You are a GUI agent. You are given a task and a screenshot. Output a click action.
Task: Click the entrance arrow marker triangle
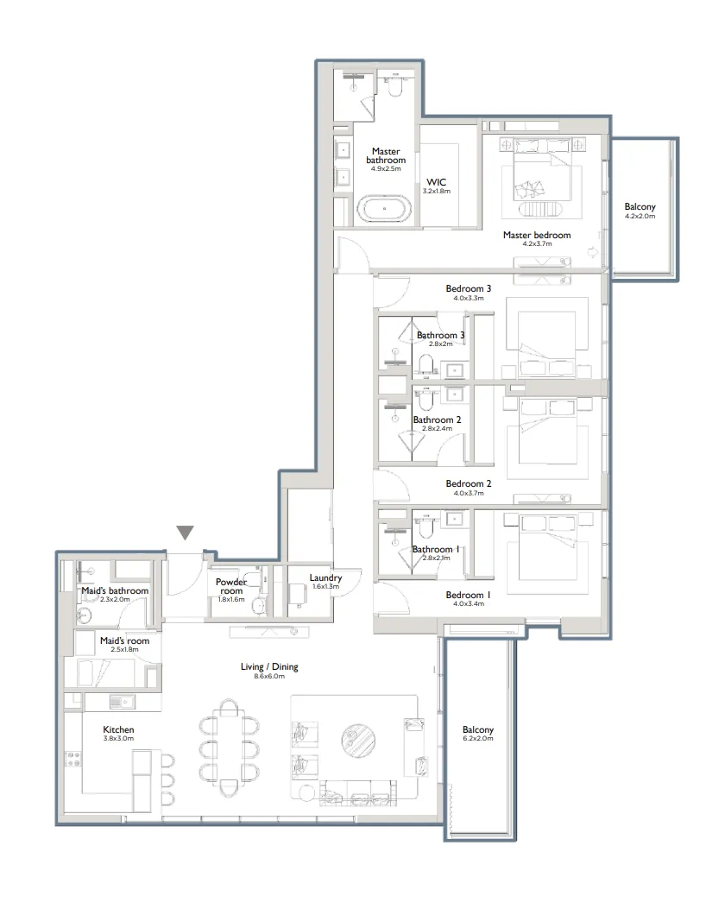point(185,533)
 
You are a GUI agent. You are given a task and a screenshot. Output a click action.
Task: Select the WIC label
point(437,182)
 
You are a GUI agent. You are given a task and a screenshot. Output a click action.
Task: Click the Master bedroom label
point(536,235)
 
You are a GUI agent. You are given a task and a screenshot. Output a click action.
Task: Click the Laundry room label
point(325,577)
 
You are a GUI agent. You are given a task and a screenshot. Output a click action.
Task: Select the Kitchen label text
point(118,729)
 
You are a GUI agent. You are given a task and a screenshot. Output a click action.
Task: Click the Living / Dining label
point(268,667)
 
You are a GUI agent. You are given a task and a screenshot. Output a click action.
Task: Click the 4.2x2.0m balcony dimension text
point(640,217)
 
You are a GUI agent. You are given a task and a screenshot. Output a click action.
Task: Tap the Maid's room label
point(124,640)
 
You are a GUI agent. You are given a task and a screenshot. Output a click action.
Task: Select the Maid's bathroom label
point(115,590)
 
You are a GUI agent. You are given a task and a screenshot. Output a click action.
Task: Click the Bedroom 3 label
point(469,288)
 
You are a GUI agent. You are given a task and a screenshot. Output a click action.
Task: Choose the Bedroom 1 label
point(469,595)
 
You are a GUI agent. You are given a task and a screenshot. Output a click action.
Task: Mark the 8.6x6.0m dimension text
point(268,677)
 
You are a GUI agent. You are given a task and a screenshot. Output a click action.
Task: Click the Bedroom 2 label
point(469,483)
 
